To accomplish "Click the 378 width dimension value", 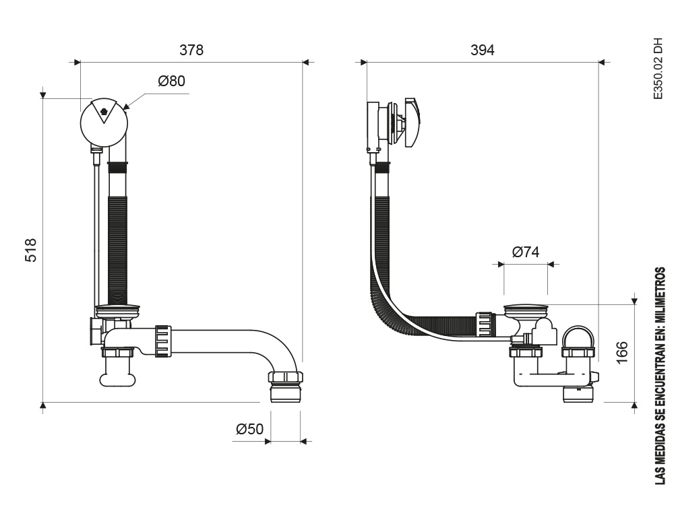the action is pyautogui.click(x=191, y=50).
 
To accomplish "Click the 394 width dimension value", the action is pyautogui.click(x=483, y=50).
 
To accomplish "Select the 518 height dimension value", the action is pyautogui.click(x=31, y=250).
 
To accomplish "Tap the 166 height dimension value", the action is pyautogui.click(x=622, y=353).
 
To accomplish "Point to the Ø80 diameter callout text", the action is pyautogui.click(x=171, y=81).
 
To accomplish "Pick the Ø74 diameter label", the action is pyautogui.click(x=526, y=252).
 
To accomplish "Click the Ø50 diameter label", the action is pyautogui.click(x=250, y=428).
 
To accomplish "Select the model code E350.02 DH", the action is pyautogui.click(x=658, y=69).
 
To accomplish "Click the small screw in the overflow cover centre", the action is pyautogui.click(x=103, y=112).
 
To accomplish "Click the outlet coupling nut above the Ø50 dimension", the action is pyautogui.click(x=286, y=377).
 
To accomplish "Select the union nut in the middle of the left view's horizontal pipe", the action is pyautogui.click(x=163, y=342).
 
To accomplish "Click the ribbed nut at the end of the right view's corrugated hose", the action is pyautogui.click(x=485, y=325).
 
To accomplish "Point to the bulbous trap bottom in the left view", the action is pyautogui.click(x=118, y=379).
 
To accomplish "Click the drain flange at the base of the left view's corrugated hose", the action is pyautogui.click(x=118, y=309).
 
